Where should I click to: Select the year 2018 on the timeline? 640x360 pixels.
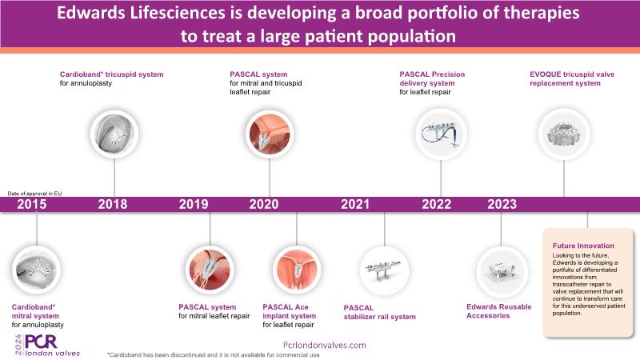(x=113, y=204)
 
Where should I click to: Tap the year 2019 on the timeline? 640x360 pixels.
(x=193, y=204)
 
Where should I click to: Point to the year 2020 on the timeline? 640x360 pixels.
(x=263, y=204)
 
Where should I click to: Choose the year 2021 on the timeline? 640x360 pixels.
(x=355, y=204)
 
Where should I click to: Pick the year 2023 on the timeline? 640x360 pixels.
(x=502, y=204)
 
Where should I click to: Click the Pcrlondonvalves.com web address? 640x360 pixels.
(x=325, y=344)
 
